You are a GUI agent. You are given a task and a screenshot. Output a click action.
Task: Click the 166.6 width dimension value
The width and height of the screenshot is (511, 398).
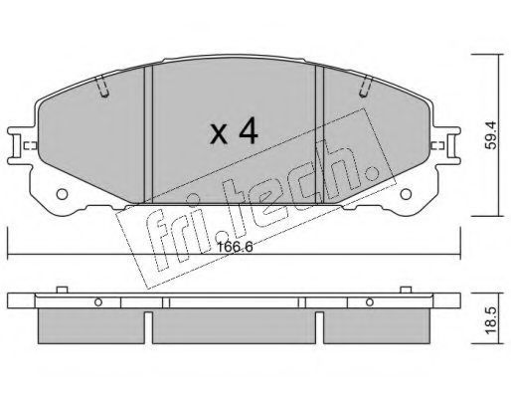click(x=235, y=247)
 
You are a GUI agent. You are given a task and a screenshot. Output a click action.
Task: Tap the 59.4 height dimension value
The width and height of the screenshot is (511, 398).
click(x=491, y=135)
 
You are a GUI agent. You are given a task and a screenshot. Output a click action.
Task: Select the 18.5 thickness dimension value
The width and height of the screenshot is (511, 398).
click(x=491, y=320)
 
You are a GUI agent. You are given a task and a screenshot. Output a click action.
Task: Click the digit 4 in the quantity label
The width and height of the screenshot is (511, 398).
click(x=249, y=131)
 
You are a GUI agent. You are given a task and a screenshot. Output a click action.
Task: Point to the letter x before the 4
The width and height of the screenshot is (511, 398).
click(x=219, y=134)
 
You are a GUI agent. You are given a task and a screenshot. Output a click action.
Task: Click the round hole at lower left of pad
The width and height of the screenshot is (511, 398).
click(x=62, y=194)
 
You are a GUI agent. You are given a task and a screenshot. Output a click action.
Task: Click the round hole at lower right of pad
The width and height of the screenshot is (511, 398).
click(x=406, y=194)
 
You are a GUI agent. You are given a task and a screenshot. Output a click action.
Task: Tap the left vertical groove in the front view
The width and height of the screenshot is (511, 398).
click(x=148, y=134)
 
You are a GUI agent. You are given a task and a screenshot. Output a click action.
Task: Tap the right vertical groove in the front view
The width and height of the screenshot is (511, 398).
click(x=319, y=134)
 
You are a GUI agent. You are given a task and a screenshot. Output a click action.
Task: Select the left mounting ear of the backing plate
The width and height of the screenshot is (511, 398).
click(x=21, y=145)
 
